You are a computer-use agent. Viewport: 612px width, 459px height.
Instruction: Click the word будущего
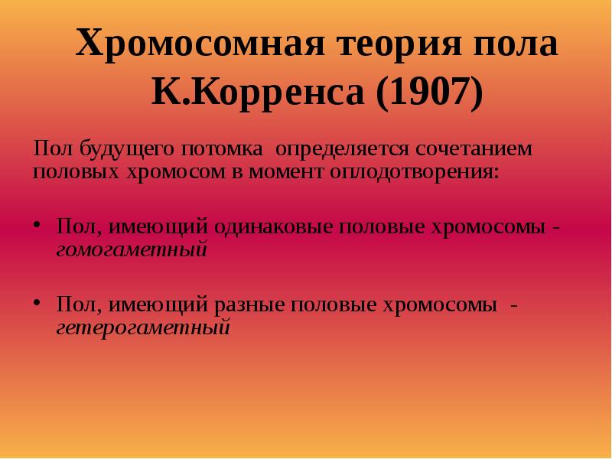coord(119,147)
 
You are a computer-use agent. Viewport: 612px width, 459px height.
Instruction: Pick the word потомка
coord(222,147)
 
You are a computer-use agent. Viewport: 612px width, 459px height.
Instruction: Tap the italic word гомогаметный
coord(132,249)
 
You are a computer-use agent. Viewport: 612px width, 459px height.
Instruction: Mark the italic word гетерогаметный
coord(143,327)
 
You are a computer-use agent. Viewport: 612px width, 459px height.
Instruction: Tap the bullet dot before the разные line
coord(38,304)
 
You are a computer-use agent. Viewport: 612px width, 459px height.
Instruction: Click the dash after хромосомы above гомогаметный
coord(565,229)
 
